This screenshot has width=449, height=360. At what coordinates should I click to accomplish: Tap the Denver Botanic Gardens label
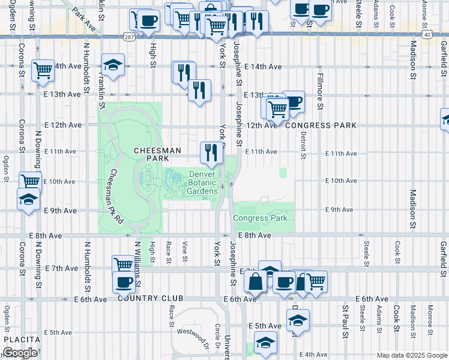(202, 182)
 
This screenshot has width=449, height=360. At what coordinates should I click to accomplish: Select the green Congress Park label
(260, 218)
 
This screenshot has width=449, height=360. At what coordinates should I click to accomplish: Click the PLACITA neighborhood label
(22, 340)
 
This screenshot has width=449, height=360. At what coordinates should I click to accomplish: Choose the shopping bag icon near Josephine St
(256, 281)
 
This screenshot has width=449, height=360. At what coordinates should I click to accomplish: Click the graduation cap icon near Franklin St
(112, 64)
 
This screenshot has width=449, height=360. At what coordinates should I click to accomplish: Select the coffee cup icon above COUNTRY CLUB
(124, 281)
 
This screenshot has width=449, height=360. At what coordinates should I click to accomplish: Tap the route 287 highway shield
(130, 37)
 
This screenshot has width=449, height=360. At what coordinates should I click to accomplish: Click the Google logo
(20, 353)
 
